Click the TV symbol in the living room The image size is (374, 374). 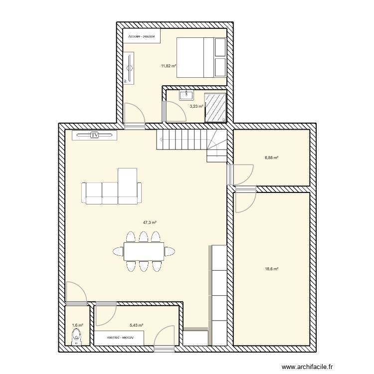point(94,135)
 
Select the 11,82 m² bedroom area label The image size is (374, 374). point(168,65)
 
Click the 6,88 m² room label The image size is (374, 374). point(271,158)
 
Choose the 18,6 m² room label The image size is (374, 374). point(271,269)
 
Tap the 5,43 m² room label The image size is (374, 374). point(137,326)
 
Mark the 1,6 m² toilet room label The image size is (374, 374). point(77,326)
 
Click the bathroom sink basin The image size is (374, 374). point(188,95)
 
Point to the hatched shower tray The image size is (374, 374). point(216,107)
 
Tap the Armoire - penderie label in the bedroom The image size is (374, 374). point(142,36)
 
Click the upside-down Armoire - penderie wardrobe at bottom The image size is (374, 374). point(119,338)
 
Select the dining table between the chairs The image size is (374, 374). point(144,251)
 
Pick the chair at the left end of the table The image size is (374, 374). point(118,251)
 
